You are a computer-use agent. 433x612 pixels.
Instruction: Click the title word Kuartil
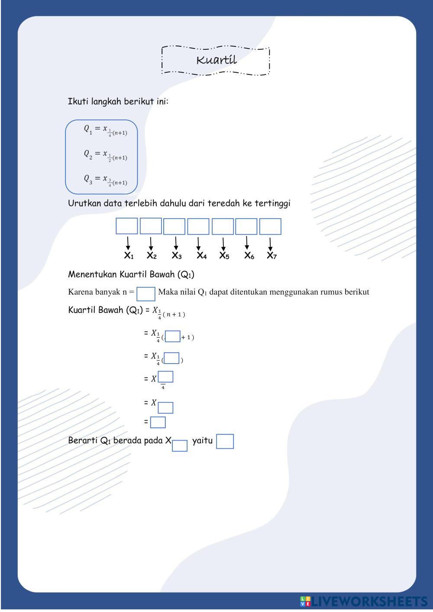[x=216, y=60]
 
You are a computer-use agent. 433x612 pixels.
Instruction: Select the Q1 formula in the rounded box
[x=105, y=130]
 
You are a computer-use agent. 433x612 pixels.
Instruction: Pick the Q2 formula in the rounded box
[x=105, y=155]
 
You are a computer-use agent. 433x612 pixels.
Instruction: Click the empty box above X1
[x=127, y=226]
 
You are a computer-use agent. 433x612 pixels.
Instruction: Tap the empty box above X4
[x=198, y=226]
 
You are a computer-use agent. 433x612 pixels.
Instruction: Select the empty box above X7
[x=270, y=226]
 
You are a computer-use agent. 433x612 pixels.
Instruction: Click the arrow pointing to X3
[x=176, y=243]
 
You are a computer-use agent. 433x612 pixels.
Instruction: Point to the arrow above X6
[x=247, y=243]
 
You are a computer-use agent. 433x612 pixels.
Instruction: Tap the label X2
[x=152, y=256]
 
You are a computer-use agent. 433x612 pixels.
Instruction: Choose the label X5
[x=224, y=256]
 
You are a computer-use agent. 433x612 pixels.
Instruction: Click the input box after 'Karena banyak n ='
[x=146, y=294]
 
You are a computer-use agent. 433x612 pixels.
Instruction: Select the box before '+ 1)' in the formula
[x=173, y=336]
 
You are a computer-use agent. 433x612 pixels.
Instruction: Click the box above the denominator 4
[x=166, y=377]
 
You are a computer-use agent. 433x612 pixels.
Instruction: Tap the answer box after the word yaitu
[x=225, y=441]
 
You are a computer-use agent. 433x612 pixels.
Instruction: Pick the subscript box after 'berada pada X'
[x=180, y=446]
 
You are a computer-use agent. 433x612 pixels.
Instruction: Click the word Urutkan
[x=84, y=203]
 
